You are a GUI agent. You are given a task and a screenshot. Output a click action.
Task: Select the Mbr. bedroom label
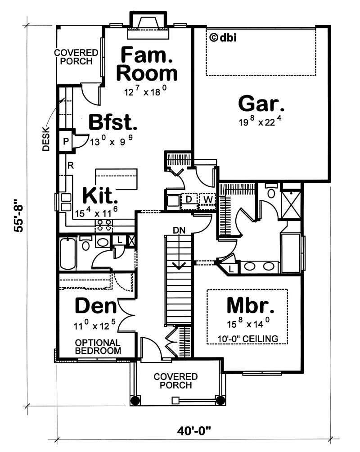250,306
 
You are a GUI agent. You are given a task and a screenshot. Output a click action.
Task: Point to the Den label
96,306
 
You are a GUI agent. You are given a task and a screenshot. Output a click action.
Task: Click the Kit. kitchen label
100,196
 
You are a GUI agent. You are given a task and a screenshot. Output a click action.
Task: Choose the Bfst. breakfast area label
112,122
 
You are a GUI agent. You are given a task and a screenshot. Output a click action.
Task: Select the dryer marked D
189,199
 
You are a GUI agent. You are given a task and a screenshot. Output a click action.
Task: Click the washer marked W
207,199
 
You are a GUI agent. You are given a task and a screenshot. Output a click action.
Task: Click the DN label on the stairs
180,230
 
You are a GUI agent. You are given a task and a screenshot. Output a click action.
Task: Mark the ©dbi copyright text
223,37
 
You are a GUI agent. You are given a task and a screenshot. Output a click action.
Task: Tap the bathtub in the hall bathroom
67,254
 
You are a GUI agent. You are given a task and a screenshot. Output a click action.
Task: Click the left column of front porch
133,400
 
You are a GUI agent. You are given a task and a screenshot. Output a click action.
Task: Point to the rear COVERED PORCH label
73,57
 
